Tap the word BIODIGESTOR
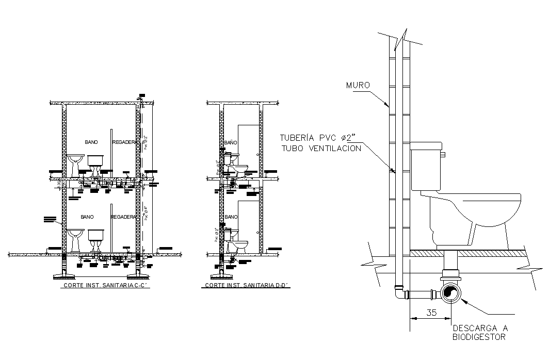(478, 337)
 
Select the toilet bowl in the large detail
(475, 217)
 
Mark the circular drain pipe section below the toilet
(450, 294)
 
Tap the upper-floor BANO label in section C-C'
(92, 141)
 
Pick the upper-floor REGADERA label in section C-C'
(125, 141)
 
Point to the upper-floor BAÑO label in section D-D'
(231, 142)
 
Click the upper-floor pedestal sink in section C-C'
(76, 163)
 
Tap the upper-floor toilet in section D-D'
(236, 165)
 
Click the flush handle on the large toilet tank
(442, 153)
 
